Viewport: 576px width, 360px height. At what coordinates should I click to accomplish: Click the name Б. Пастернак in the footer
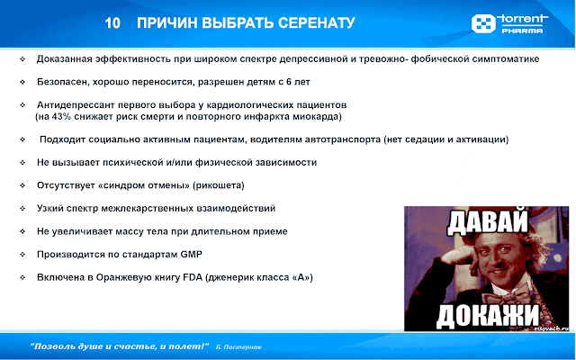(x=239, y=346)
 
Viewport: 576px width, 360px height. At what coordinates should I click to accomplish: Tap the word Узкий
(x=51, y=209)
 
